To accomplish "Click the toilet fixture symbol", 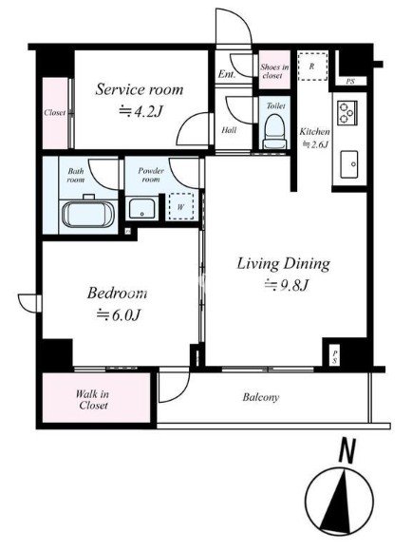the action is point(274,132).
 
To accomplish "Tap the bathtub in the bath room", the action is point(88,215).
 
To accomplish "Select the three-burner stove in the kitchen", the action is point(347,112).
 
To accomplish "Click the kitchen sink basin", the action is point(348,164).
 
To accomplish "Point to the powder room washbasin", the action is point(141,208).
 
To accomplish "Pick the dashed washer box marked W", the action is point(181,207).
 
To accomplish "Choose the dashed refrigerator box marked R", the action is point(312,66).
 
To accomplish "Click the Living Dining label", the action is point(284,264).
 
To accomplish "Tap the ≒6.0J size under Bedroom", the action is point(119,314).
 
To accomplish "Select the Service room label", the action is point(140,89).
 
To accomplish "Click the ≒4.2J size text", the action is point(140,111).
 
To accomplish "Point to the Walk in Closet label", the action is point(93,400).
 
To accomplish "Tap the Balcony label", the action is point(261,397).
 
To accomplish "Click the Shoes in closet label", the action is point(274,70).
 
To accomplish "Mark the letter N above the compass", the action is point(347,451).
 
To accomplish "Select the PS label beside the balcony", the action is point(335,356).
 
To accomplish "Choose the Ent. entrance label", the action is point(227,74).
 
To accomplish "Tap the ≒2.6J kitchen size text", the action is point(316,144).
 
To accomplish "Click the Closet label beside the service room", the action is point(55,113).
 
